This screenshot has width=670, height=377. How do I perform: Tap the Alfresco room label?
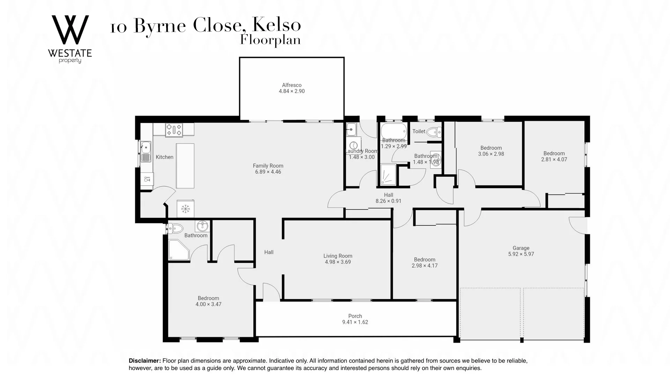[x=292, y=85]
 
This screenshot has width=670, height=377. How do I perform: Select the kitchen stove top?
[x=174, y=130]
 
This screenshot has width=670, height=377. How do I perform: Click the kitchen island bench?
[x=185, y=166]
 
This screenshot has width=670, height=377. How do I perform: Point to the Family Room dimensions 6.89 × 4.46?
[x=268, y=172]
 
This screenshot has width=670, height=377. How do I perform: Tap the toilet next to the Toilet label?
[x=434, y=132]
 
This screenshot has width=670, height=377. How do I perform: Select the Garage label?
[x=521, y=248]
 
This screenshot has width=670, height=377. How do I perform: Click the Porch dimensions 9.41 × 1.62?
[x=355, y=322]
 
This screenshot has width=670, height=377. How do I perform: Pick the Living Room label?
[x=338, y=256]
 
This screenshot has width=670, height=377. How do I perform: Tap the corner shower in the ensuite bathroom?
[x=178, y=250]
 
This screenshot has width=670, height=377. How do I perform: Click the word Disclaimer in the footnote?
[x=145, y=361]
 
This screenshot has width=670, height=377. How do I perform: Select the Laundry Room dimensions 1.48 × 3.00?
[x=362, y=157]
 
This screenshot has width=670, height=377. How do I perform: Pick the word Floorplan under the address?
[x=270, y=40]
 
